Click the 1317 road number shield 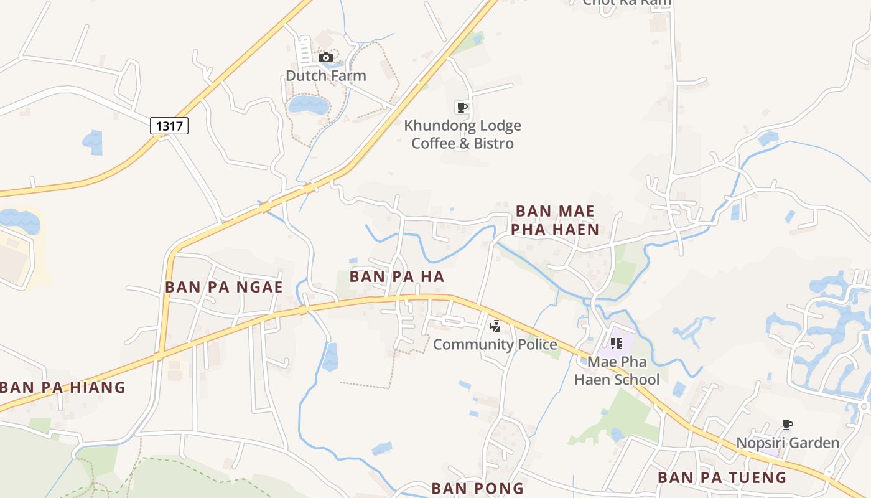coord(169,126)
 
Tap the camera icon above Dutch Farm coord(325,58)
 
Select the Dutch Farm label coord(325,76)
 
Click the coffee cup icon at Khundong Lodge coord(462,107)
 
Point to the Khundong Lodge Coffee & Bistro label coord(463,134)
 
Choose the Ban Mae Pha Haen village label coord(555,220)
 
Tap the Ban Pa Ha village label coord(397,276)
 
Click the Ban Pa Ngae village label coord(224,287)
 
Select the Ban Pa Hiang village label coord(63,387)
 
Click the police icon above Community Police coord(495,326)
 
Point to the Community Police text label coord(495,344)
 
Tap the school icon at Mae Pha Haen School coord(616,344)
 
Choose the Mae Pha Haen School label coord(617,370)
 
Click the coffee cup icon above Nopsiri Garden coord(788,425)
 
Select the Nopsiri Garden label coord(788,443)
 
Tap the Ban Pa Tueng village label coord(722,477)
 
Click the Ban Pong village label coord(478,487)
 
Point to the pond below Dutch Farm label coord(309,104)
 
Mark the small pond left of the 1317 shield coord(93,142)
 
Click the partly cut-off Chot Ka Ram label coord(626,2)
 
